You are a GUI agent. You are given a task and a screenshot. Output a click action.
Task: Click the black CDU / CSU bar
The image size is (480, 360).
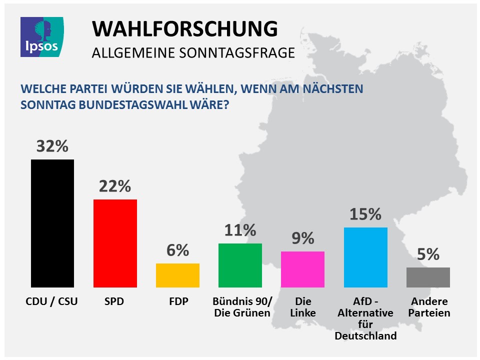[52, 223]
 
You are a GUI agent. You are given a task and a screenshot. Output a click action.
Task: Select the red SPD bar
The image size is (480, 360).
[115, 243]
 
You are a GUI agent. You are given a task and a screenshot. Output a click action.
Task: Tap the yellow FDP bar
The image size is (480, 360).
[177, 275]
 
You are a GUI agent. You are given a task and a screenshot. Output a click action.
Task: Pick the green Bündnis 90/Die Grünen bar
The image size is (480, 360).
[240, 265]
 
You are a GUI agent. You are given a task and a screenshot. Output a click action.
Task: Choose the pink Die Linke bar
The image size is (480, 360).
[302, 269]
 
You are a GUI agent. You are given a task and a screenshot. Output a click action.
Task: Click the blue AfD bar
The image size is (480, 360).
[365, 257]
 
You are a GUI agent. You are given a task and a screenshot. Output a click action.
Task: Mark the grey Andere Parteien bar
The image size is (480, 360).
[428, 277]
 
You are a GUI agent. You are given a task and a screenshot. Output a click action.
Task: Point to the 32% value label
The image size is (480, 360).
[52, 146]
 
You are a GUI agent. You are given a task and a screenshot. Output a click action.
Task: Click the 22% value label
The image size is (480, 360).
[115, 186]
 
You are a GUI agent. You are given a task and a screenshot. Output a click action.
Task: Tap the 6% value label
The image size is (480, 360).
[177, 250]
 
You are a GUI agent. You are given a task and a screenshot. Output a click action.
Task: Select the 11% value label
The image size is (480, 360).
[240, 230]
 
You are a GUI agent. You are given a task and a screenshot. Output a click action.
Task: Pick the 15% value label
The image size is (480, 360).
[365, 214]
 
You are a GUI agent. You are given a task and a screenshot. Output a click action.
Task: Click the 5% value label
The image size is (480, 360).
[428, 254]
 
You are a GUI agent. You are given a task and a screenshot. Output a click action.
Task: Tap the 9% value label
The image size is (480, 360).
[302, 238]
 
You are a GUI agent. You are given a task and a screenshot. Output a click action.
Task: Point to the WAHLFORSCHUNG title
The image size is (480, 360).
[184, 29]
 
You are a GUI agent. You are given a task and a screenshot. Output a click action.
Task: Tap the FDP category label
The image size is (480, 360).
[178, 302]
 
